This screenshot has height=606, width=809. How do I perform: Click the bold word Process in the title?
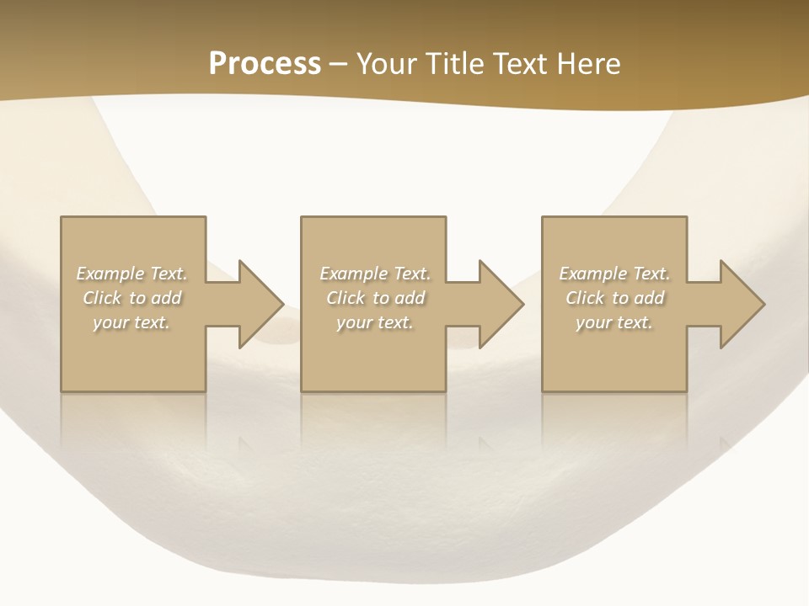pyautogui.click(x=265, y=64)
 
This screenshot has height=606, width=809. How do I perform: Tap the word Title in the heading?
pyautogui.click(x=455, y=64)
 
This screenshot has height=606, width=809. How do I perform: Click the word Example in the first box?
pyautogui.click(x=110, y=274)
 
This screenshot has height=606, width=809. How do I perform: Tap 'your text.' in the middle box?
pyautogui.click(x=374, y=322)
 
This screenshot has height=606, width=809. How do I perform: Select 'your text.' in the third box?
pyautogui.click(x=613, y=322)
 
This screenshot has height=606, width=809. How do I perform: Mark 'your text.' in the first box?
pyautogui.click(x=131, y=322)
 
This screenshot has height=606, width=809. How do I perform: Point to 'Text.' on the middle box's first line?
pyautogui.click(x=411, y=274)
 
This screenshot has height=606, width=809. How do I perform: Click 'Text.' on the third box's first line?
pyautogui.click(x=651, y=274)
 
